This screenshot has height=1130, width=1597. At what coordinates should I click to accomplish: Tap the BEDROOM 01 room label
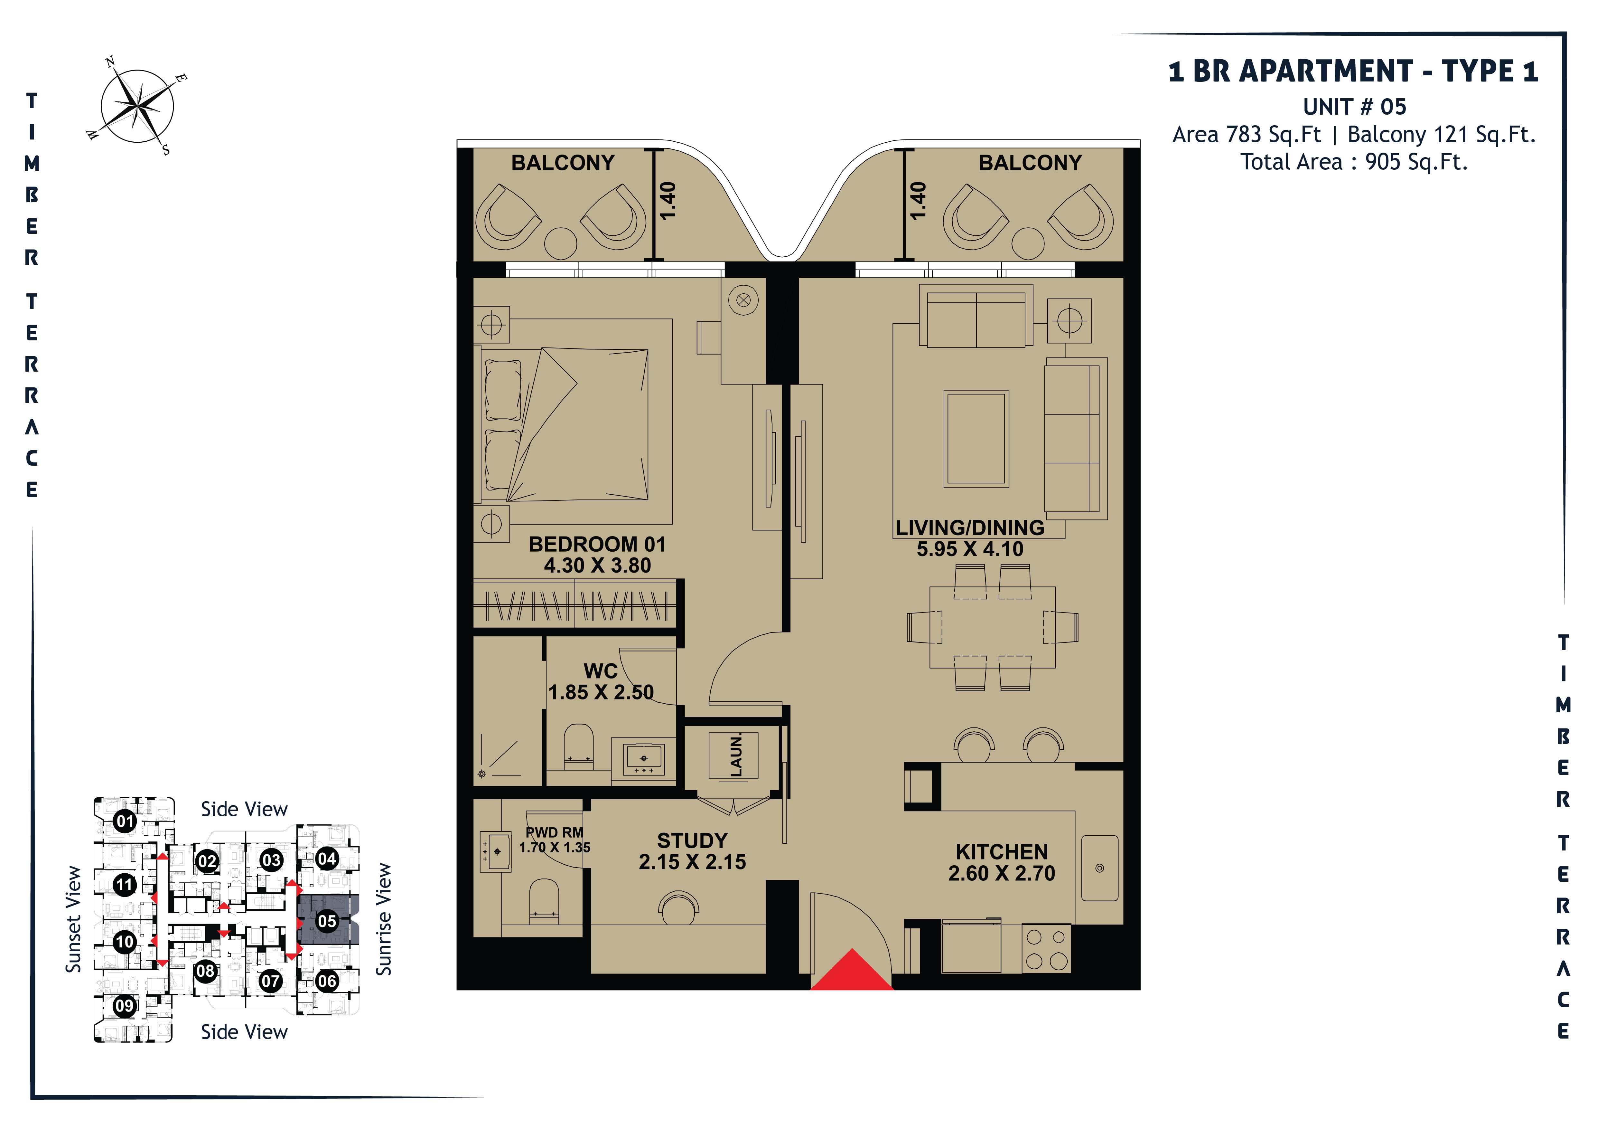pos(597,544)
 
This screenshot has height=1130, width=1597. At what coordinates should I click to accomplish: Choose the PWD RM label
pos(554,832)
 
